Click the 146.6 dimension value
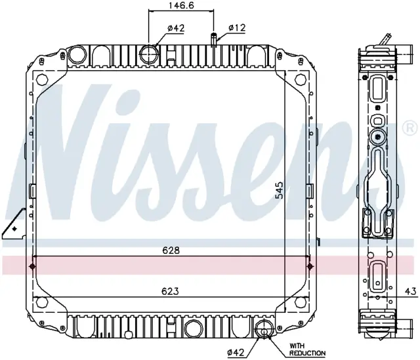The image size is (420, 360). [x=182, y=5]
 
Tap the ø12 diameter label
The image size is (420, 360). [x=237, y=28]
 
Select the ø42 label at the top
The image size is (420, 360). [x=176, y=28]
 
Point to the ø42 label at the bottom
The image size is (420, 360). [x=236, y=353]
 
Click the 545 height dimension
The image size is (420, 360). [x=279, y=190]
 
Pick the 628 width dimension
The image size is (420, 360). [x=171, y=250]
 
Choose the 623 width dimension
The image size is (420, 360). [x=170, y=291]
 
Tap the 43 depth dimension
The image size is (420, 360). [x=411, y=291]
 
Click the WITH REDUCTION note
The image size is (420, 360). [x=307, y=350]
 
